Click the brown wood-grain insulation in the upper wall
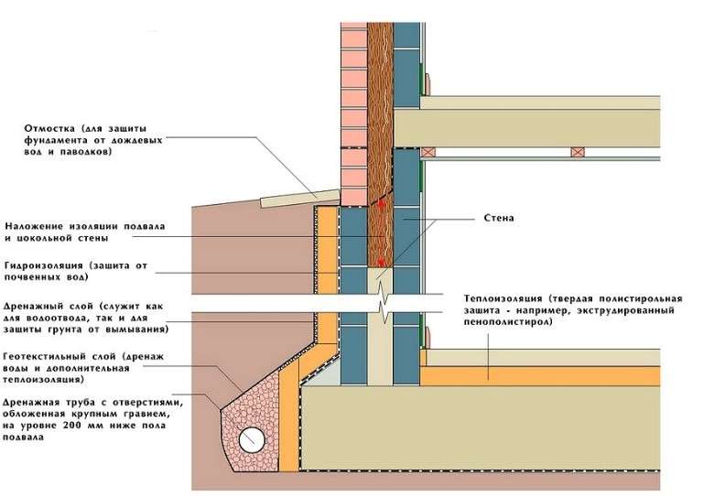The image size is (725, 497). point(380,110)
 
